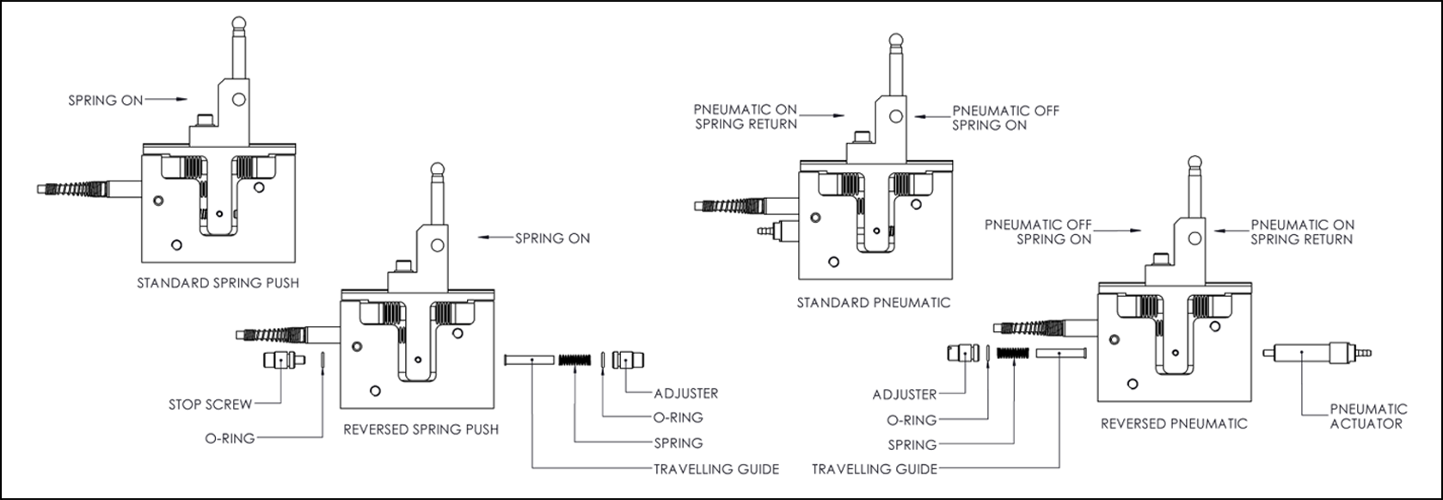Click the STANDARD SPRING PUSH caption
pyautogui.click(x=218, y=282)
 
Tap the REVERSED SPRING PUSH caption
pyautogui.click(x=421, y=429)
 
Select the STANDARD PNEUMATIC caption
pyautogui.click(x=873, y=302)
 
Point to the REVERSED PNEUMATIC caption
pyautogui.click(x=1174, y=423)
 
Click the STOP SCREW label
pyautogui.click(x=211, y=404)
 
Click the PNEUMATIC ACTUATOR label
pyautogui.click(x=1368, y=416)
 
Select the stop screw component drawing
pyautogui.click(x=283, y=360)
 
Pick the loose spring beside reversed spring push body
pyautogui.click(x=576, y=360)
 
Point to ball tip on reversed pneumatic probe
pyautogui.click(x=1194, y=161)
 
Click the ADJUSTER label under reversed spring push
pyautogui.click(x=685, y=393)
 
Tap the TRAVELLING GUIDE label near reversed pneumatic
pyautogui.click(x=875, y=469)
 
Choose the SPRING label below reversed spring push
pyautogui.click(x=679, y=443)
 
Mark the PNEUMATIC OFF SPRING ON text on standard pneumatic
pyautogui.click(x=1005, y=118)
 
